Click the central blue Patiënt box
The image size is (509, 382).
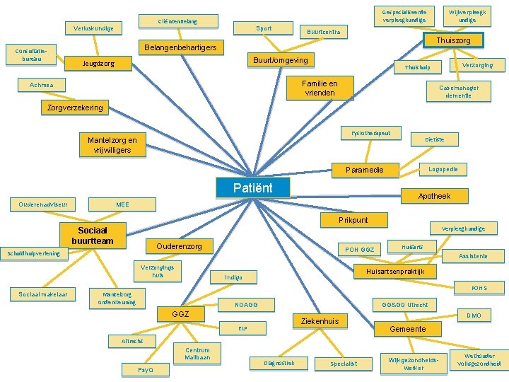coord(252,188)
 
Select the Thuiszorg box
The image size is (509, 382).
coord(453,40)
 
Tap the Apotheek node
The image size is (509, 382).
coord(433,196)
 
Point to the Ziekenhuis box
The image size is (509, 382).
coord(320,321)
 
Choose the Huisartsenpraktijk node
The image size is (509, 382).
coord(394,271)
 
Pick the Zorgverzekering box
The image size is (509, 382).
coord(75,108)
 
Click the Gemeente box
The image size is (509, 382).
coord(408,329)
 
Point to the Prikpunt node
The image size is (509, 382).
coord(353,220)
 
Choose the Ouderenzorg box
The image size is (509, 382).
coord(179,246)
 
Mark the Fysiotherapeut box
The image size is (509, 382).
coord(370,133)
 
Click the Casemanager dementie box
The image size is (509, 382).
coord(459,91)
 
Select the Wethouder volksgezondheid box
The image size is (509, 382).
coord(479,359)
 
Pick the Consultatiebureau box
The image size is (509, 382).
coord(30,55)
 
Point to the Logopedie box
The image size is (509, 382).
coord(443,170)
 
